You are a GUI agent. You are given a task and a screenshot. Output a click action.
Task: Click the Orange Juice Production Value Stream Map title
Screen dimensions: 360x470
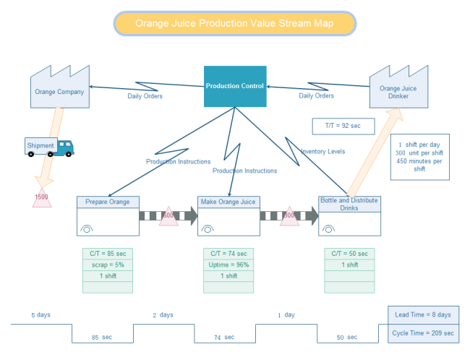click(234, 24)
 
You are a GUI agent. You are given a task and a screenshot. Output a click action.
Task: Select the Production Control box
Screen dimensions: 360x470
click(234, 86)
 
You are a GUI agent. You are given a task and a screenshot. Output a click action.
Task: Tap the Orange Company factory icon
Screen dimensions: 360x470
click(59, 87)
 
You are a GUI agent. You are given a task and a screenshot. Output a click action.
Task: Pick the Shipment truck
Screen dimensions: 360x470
click(49, 147)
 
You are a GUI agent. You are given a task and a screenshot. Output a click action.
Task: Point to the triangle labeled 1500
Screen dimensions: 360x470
click(42, 198)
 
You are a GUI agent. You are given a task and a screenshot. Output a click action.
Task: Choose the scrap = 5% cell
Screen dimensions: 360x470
click(107, 265)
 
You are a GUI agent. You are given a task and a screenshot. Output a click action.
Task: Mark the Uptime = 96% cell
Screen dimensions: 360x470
click(228, 265)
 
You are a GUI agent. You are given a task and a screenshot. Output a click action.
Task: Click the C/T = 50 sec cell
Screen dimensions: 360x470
click(349, 254)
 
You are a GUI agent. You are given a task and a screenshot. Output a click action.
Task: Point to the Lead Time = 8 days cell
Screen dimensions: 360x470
click(423, 314)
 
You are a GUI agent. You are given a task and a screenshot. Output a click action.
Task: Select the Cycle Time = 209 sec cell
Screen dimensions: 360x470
click(423, 333)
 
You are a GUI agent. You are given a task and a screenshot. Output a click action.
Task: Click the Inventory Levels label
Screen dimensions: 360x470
click(322, 152)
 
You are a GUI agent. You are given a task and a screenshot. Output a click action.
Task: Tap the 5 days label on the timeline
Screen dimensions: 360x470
click(41, 315)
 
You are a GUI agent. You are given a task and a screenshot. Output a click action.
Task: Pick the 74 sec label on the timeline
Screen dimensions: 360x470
click(224, 337)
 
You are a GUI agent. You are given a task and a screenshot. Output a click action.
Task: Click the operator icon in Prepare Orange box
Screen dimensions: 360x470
click(86, 228)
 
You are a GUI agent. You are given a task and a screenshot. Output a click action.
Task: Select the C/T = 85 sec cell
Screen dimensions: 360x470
click(107, 254)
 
